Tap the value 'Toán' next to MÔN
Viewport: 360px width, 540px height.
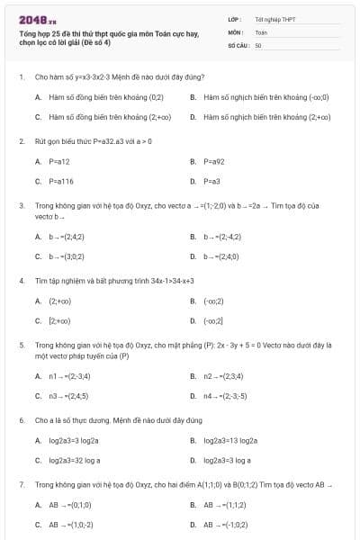[261, 31]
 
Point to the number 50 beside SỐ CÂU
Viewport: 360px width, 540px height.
[258, 44]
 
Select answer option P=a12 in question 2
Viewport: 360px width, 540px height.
[59, 161]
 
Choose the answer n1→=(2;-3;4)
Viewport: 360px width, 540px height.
[69, 375]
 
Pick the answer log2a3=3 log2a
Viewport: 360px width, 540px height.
[74, 440]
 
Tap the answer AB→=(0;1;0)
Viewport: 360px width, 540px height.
[70, 505]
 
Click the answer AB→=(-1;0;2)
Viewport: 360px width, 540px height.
[227, 525]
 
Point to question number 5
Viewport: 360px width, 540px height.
[21, 344]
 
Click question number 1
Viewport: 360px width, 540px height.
[21, 77]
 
